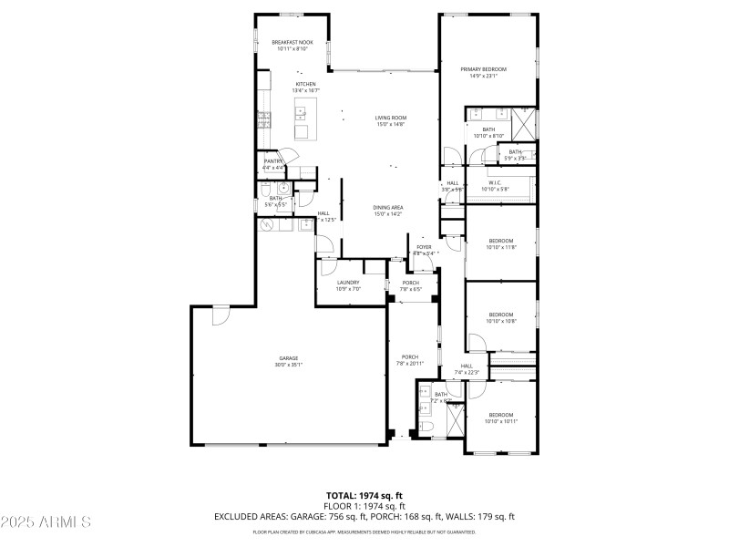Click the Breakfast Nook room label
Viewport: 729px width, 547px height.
tap(293, 43)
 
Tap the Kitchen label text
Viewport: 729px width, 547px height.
tap(304, 84)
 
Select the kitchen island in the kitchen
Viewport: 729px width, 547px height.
tap(301, 114)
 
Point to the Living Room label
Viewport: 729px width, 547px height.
tap(391, 118)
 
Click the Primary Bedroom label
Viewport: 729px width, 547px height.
tap(483, 69)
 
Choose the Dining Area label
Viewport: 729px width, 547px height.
tap(388, 208)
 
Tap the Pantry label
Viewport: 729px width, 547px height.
tap(273, 161)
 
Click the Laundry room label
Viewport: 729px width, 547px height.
tap(348, 283)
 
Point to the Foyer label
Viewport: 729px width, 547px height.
tap(425, 247)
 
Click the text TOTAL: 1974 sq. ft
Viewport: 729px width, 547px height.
tap(364, 496)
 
